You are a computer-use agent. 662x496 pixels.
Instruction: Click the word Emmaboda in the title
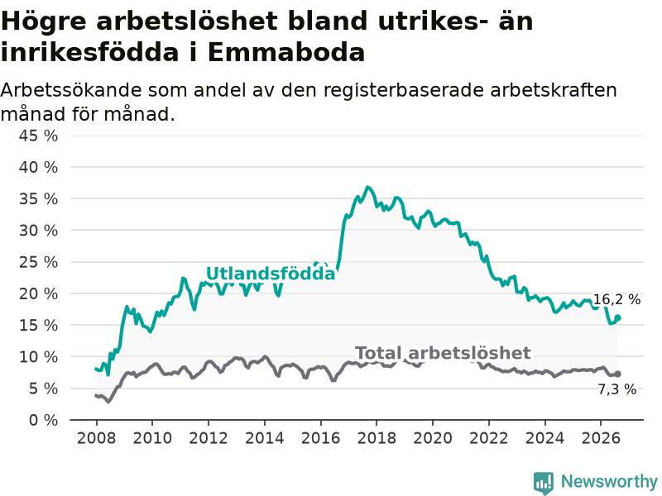click(286, 53)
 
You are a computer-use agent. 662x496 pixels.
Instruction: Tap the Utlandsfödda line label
click(271, 274)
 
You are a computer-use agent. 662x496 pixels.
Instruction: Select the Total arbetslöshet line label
click(443, 353)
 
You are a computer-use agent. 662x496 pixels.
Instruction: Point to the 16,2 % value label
click(616, 299)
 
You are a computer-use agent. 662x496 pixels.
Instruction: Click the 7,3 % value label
click(617, 389)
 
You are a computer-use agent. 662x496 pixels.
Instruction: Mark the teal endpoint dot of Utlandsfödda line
click(617, 318)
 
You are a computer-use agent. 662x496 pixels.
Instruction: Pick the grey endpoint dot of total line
click(617, 374)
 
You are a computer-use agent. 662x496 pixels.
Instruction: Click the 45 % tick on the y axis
click(38, 136)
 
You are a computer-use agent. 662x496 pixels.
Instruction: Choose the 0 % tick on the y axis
click(43, 420)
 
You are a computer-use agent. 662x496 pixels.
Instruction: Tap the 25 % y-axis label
click(38, 262)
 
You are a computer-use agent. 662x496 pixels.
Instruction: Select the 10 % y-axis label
click(38, 357)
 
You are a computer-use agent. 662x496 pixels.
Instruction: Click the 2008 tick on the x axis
click(96, 438)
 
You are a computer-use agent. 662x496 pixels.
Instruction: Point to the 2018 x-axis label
click(377, 438)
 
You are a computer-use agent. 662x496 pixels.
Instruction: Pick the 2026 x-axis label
click(601, 438)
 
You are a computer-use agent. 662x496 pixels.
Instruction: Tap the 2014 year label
click(265, 438)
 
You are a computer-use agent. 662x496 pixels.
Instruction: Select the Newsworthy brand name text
click(609, 481)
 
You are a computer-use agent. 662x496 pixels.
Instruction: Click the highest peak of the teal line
click(367, 187)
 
